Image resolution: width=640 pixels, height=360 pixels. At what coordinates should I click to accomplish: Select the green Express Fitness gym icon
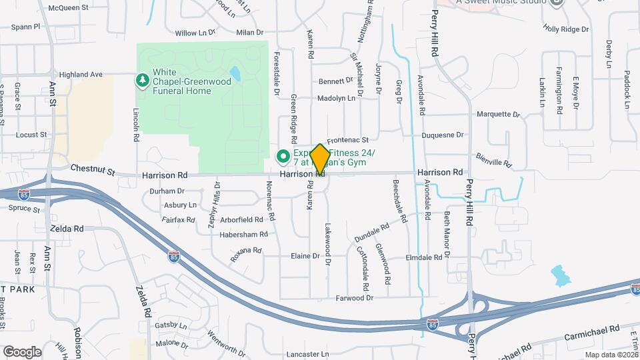coord(283,157)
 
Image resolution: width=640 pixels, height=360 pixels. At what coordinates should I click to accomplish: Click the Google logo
coord(22,351)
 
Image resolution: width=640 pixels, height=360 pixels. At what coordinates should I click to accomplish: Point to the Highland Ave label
coord(81,75)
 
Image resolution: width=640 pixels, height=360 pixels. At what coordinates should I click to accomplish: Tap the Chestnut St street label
coord(92,171)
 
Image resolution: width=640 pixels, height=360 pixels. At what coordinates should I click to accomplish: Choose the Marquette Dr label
coord(497,113)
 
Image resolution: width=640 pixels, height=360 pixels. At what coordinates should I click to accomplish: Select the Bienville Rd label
coord(494,160)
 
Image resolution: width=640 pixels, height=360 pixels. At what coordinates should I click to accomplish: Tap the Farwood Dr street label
coord(354,298)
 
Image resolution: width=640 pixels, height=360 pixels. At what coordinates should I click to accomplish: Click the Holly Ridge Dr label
coord(565,29)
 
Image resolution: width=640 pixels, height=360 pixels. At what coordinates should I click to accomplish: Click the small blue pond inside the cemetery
coord(235,73)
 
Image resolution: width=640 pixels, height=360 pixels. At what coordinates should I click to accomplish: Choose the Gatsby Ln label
coord(171,325)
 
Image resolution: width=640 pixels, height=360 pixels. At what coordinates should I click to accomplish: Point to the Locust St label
coord(31,135)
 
